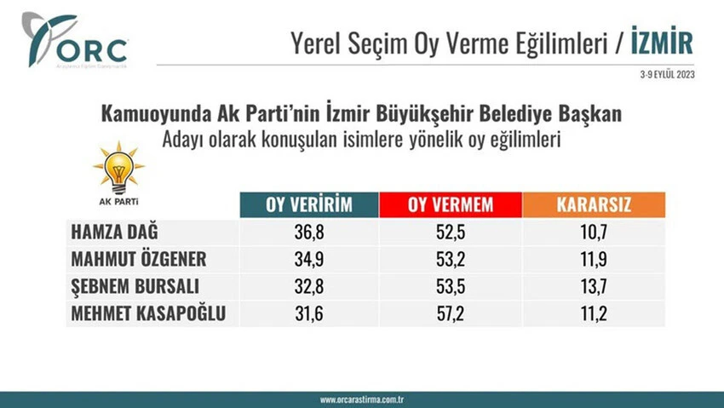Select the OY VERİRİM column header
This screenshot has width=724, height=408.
coord(308,206)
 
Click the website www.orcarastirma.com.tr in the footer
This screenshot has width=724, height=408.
coord(362,399)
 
